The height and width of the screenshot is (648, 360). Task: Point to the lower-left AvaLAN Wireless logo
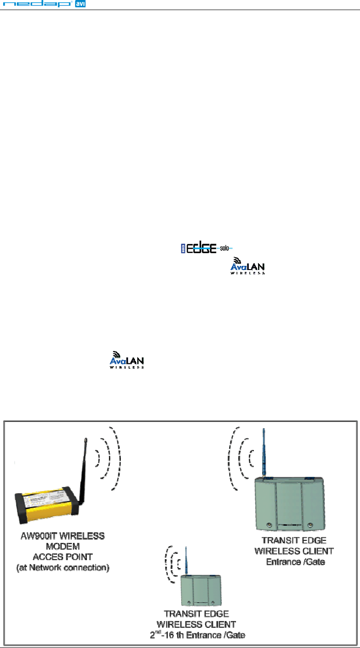[128, 360]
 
